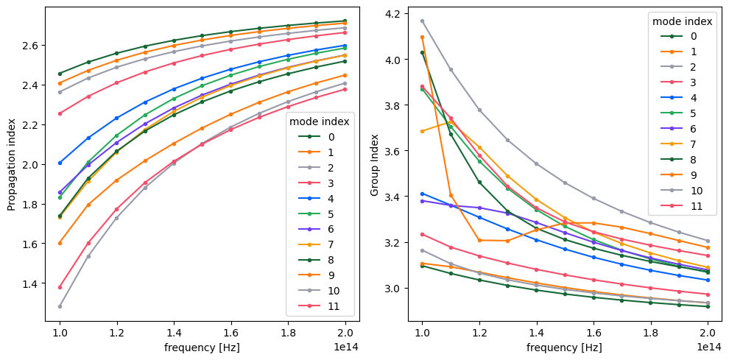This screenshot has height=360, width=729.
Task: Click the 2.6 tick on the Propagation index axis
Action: tap(33, 45)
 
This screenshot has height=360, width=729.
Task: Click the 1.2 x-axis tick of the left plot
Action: tap(117, 331)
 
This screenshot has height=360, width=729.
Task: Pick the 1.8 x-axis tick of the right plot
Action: tap(651, 331)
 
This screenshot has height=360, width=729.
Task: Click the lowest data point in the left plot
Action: tap(60, 306)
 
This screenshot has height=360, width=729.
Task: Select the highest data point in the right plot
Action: tap(422, 21)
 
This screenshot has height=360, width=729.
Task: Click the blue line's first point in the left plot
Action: tap(60, 163)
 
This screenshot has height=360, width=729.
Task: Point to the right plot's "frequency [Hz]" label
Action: tap(565, 346)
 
